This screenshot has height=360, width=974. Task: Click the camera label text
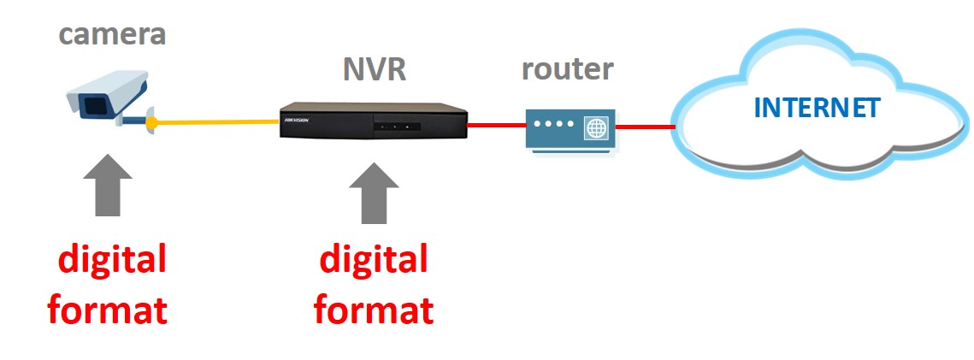click(x=111, y=35)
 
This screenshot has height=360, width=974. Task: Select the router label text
click(x=567, y=68)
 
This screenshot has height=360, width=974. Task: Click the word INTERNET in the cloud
click(x=817, y=109)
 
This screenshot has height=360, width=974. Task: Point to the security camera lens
click(x=93, y=105)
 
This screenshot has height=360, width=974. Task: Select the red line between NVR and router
click(x=497, y=127)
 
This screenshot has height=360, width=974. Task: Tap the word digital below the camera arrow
click(x=108, y=259)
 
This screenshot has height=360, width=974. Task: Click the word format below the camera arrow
click(x=108, y=309)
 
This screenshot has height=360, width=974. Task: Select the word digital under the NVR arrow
click(x=374, y=259)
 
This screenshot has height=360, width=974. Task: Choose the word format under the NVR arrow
click(x=374, y=309)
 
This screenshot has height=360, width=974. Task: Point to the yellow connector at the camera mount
click(x=151, y=124)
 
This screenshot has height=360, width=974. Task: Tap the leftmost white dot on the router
click(x=537, y=125)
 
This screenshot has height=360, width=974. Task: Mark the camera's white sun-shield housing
click(x=111, y=83)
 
